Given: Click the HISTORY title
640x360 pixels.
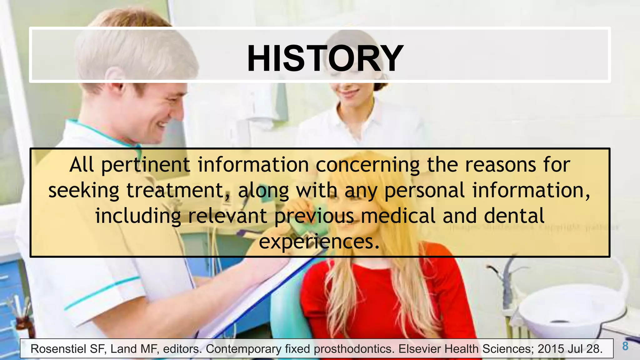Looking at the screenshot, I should click(325, 58).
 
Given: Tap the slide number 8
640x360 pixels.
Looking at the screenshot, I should click(625, 346).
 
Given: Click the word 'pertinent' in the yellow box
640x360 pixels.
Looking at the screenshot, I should click(146, 165).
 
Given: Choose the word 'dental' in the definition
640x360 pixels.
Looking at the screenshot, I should click(514, 216).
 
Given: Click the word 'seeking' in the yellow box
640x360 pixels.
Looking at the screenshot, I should click(84, 191).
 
